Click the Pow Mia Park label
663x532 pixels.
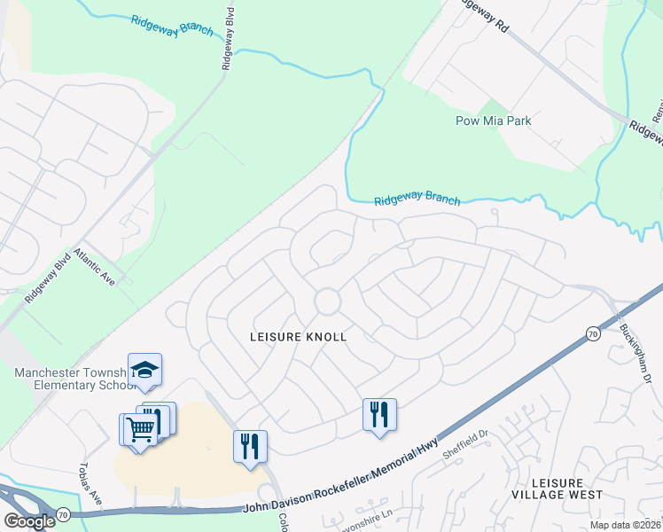tap(493, 121)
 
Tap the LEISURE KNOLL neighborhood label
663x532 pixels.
tap(299, 337)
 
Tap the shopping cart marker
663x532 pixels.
tap(140, 430)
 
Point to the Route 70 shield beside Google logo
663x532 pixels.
tap(62, 513)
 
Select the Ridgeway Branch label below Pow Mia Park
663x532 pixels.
tap(417, 199)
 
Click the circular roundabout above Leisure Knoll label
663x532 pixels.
tap(328, 301)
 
